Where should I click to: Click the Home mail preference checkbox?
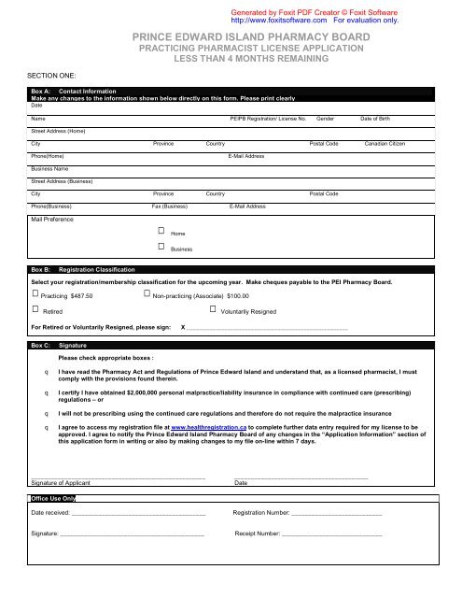tap(161, 229)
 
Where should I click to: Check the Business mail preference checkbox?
tap(161, 247)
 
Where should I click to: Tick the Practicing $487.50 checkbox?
tap(35, 294)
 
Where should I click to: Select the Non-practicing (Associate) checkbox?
tap(147, 294)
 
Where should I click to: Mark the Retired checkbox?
tap(35, 309)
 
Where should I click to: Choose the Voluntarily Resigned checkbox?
tap(213, 309)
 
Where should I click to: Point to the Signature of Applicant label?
tap(61, 483)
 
